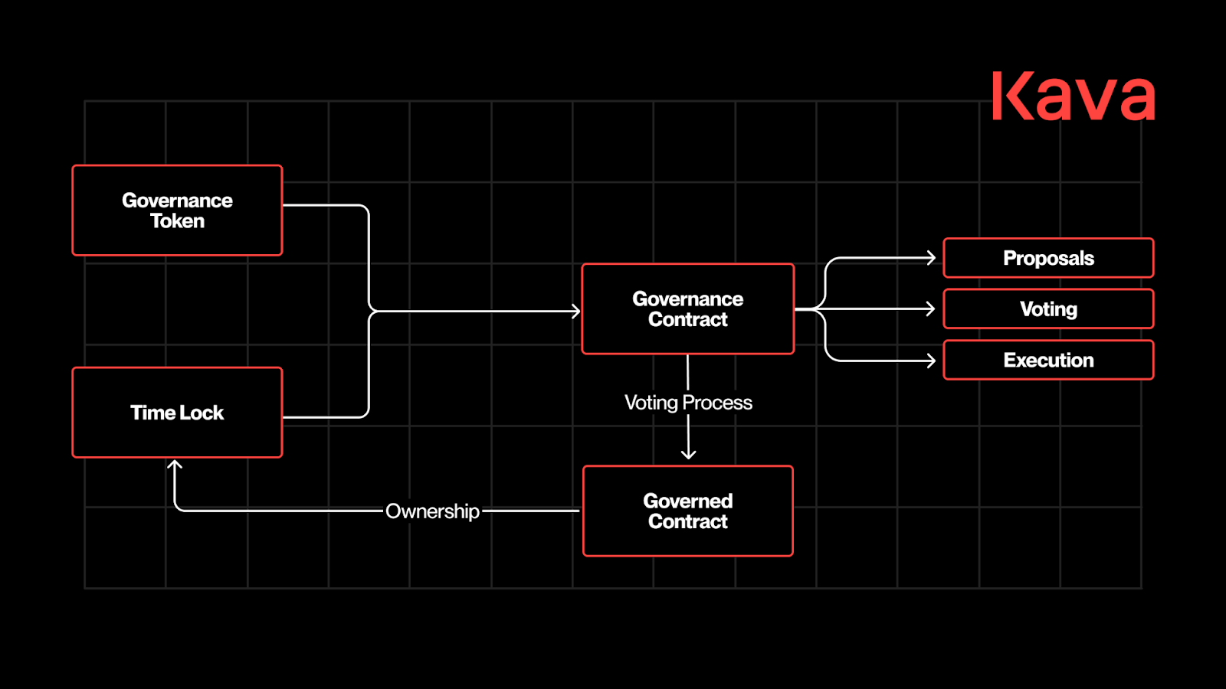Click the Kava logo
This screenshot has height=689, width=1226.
point(1073,96)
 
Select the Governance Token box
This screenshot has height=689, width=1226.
point(177,211)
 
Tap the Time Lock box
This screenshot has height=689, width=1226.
point(177,413)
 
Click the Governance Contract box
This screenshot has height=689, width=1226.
point(687,309)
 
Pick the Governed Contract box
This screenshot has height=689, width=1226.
point(687,511)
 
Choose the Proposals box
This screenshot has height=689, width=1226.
point(1048,258)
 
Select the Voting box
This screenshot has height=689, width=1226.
point(1048,309)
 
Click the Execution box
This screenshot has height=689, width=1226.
point(1048,360)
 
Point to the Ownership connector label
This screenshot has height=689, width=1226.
point(432,511)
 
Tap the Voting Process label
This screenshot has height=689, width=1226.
point(688,403)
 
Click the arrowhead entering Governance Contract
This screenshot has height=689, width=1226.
point(575,311)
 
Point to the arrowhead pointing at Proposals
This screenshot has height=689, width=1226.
point(931,258)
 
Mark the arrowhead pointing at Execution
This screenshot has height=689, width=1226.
point(931,360)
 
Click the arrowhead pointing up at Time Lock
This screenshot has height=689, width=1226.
point(175,465)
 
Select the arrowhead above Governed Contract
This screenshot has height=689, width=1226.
point(688,454)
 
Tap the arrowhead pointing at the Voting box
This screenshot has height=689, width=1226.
point(931,309)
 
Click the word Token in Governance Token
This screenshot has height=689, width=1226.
point(177,221)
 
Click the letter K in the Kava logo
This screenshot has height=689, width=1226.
point(1010,96)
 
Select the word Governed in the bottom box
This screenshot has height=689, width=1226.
point(687,501)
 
